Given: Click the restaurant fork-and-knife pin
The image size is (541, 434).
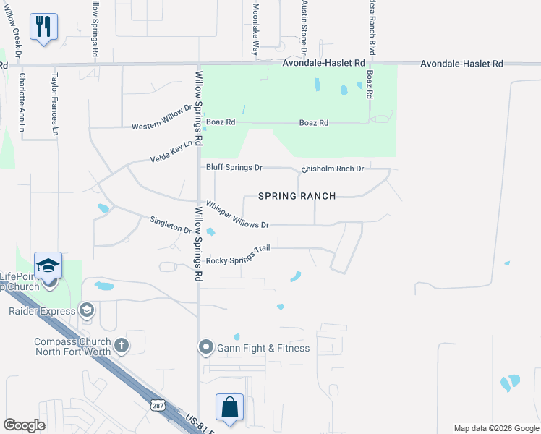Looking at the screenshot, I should click(x=43, y=27).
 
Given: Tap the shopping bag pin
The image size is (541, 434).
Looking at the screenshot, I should click(x=229, y=407).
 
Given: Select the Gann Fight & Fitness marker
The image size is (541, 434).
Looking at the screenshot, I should click(x=206, y=348).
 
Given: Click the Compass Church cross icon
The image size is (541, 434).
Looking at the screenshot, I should click(x=121, y=346).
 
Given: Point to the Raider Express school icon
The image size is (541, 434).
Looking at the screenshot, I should click(x=86, y=311).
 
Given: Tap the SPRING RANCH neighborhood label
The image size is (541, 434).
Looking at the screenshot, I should click(x=297, y=196).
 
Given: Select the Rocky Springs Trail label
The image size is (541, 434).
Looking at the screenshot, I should click(x=238, y=255).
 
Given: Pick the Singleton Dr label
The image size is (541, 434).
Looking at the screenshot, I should click(x=170, y=225).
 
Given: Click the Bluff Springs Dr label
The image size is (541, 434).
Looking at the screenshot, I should click(x=234, y=168).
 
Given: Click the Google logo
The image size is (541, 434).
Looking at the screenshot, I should click(x=25, y=425).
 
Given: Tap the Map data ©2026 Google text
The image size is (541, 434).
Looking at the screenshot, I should click(x=495, y=428).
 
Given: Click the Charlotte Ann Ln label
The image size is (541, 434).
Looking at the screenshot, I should click(x=22, y=101).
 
